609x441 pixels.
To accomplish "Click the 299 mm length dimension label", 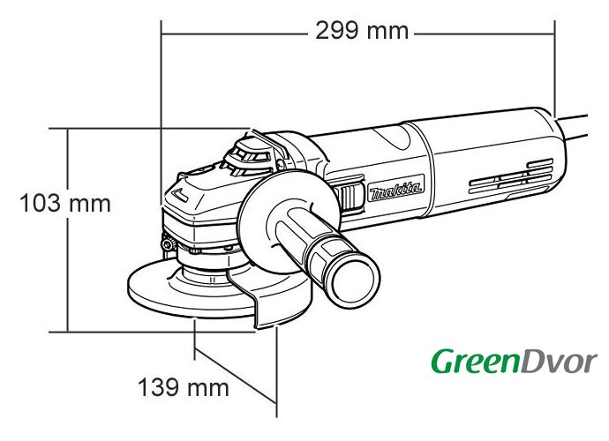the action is (362, 31).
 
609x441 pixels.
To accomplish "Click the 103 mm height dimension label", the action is (65, 204).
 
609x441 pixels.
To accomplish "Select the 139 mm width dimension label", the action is (184, 387).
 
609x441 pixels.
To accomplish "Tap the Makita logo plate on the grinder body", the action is (395, 189).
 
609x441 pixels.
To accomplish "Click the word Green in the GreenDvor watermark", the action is (475, 362).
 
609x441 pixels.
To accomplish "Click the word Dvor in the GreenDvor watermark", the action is (558, 363).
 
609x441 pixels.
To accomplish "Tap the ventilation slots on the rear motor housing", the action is (511, 176).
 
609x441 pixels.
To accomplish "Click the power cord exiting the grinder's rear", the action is (572, 126).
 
